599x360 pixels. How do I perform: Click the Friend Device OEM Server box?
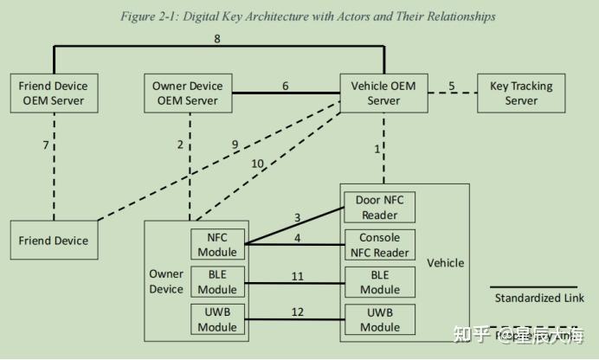coord(54,93)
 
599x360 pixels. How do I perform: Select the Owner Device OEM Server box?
coord(190,93)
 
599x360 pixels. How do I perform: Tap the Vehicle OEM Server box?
coord(383,93)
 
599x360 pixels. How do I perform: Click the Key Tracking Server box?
coord(521,93)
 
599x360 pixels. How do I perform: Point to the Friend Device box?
coord(54,241)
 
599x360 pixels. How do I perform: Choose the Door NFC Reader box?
coord(380,207)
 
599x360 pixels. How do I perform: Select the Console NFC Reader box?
coord(380,245)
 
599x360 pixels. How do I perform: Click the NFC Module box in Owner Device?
coord(217,245)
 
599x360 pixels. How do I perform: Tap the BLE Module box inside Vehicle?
coord(380,282)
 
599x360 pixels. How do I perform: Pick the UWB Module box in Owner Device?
coord(217,319)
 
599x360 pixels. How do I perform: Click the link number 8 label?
coord(217,38)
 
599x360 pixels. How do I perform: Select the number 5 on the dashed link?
coord(452,86)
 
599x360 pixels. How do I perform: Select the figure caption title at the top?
coord(299,16)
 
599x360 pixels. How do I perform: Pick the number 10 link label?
coord(257,164)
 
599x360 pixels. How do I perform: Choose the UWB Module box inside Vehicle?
coord(380,319)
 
